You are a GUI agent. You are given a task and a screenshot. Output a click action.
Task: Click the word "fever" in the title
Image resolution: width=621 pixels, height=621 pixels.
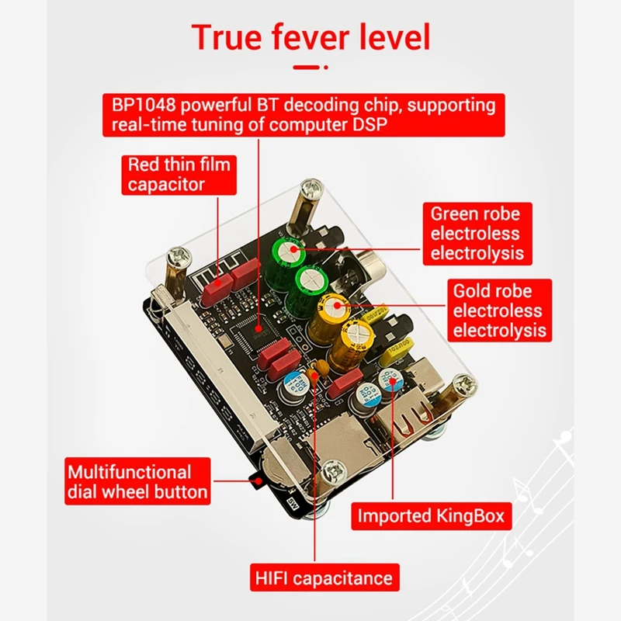(310, 36)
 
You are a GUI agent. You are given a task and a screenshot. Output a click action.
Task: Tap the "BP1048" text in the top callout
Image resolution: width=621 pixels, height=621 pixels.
(144, 105)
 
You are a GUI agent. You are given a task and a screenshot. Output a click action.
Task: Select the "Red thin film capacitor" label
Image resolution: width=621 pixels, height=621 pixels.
(179, 175)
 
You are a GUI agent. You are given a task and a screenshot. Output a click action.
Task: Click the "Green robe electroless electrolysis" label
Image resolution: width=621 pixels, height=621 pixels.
(477, 234)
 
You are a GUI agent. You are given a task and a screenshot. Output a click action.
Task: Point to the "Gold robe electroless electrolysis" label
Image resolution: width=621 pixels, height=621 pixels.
(499, 310)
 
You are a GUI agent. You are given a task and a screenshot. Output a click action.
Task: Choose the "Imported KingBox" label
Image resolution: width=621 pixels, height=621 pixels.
(432, 516)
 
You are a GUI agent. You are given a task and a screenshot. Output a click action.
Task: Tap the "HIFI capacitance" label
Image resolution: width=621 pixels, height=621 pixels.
(324, 578)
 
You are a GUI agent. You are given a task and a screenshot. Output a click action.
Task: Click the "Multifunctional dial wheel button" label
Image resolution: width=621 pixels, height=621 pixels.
(137, 481)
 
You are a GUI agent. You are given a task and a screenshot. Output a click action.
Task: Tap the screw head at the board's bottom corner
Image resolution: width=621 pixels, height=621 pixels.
(335, 471)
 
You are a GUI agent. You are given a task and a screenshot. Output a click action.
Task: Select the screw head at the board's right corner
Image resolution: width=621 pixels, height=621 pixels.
(464, 383)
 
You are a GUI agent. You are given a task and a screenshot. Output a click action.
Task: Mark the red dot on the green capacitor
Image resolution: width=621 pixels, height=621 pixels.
(293, 249)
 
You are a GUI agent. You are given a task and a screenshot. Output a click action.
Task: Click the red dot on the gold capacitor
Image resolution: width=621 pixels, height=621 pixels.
(337, 305)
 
